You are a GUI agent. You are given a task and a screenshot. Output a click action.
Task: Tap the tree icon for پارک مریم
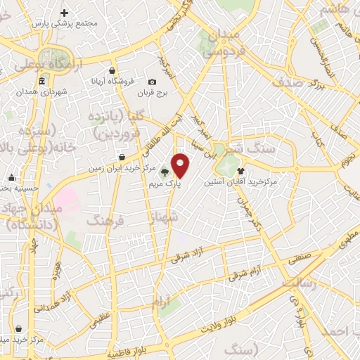(x=165, y=171)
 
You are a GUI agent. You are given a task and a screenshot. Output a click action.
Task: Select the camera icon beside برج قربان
(x=153, y=82)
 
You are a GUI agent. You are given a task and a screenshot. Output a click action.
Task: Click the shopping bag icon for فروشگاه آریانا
(x=112, y=70)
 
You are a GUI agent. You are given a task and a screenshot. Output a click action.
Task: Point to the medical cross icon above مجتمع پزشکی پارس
(x=65, y=13)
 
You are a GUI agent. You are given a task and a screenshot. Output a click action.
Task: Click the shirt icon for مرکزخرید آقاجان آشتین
(x=241, y=170)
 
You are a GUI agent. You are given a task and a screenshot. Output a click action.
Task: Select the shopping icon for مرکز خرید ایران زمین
(x=122, y=157)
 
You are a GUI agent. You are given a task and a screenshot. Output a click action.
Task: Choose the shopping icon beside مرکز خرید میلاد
(x=18, y=328)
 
